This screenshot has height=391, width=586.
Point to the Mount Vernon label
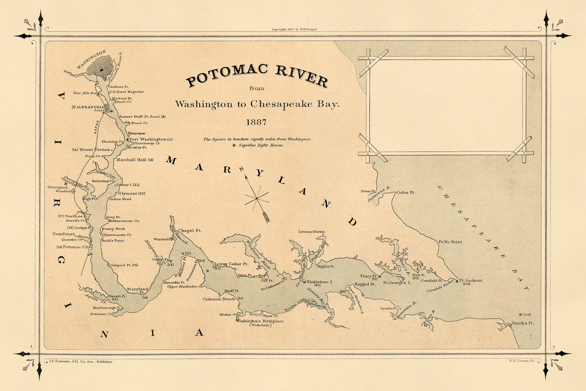pos(95,150)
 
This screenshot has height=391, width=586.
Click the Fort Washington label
pos(148,139)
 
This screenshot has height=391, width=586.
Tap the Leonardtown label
pos(311,232)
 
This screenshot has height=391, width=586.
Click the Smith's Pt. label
pos(523,323)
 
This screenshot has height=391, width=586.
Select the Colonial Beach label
pos(219,299)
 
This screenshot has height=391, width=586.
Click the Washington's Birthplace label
pos(260,321)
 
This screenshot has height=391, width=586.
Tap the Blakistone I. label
pos(320,282)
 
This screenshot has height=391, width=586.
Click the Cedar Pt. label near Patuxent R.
pos(406,192)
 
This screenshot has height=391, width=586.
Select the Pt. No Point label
pos(450,242)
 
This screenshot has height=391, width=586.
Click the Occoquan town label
pos(58,187)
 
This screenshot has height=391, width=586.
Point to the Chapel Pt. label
pos(190,230)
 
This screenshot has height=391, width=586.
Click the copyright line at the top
pos(294,30)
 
